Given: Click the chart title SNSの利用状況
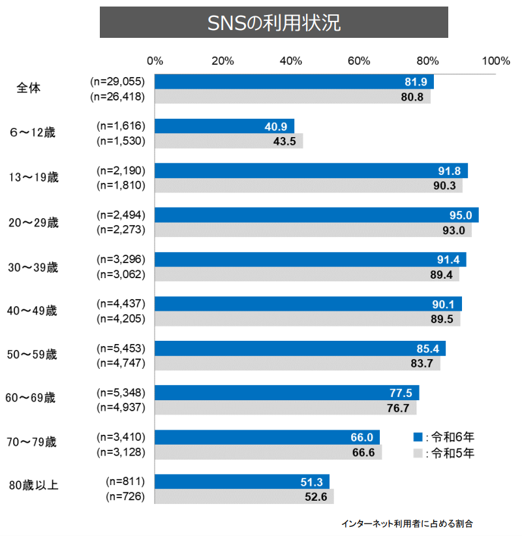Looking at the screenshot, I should pyautogui.click(x=273, y=23).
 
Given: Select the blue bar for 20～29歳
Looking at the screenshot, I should pyautogui.click(x=316, y=215).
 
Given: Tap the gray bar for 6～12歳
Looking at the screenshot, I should pyautogui.click(x=228, y=141).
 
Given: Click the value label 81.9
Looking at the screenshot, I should pyautogui.click(x=415, y=82).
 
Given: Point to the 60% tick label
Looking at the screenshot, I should pyautogui.click(x=360, y=61).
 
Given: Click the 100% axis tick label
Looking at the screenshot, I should pyautogui.click(x=496, y=61).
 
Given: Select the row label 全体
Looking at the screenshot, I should pyautogui.click(x=28, y=88).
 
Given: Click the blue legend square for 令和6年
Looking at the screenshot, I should pyautogui.click(x=418, y=437).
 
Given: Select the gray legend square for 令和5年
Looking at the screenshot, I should pyautogui.click(x=418, y=452).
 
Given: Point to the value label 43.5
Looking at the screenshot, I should pyautogui.click(x=284, y=141).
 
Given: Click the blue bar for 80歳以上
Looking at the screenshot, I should pyautogui.click(x=242, y=481).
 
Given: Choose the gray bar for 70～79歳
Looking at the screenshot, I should pyautogui.click(x=268, y=452).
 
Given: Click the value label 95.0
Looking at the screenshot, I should pyautogui.click(x=460, y=215).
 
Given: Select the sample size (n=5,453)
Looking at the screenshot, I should pyautogui.click(x=120, y=348).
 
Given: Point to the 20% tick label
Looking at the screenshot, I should pyautogui.click(x=223, y=61).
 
